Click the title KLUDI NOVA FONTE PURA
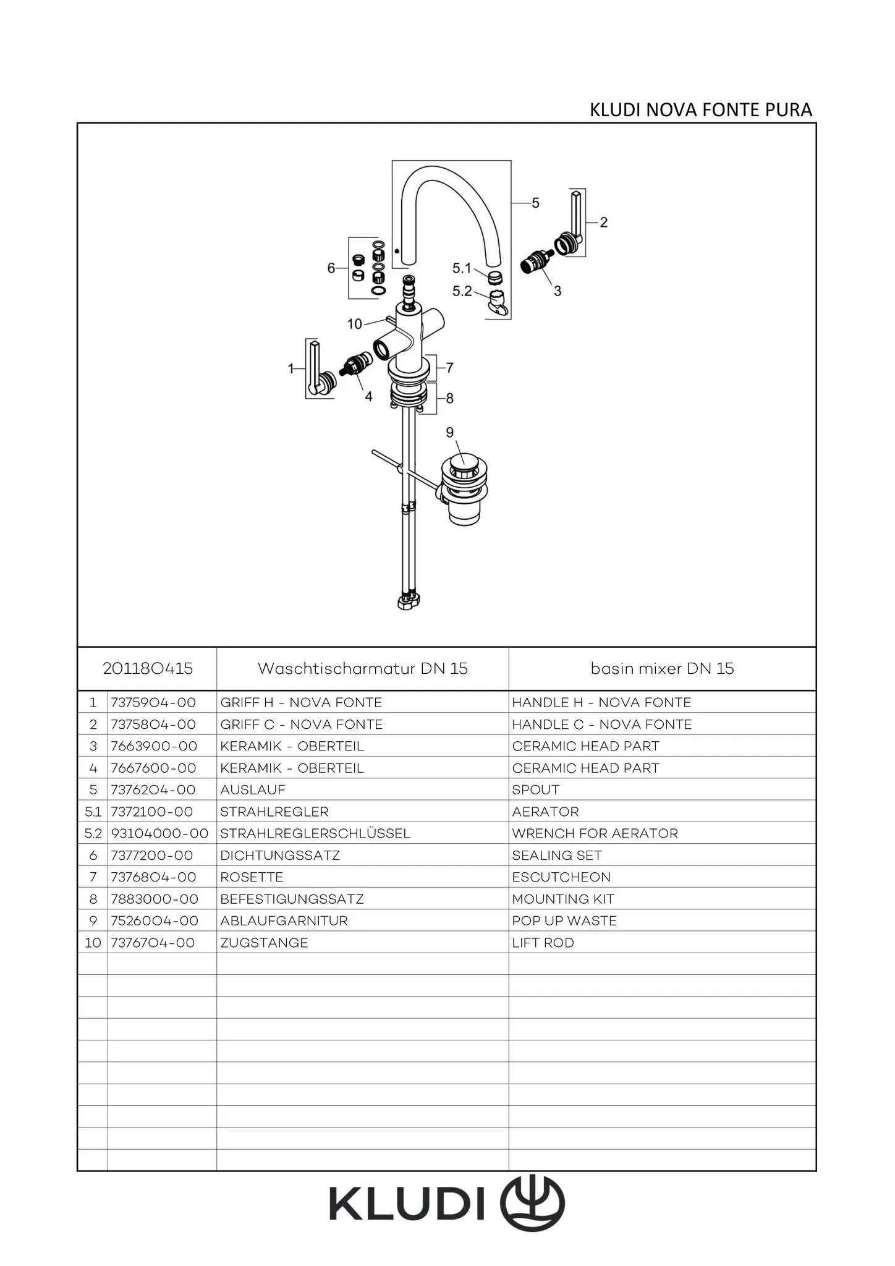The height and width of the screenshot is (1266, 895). coord(700,110)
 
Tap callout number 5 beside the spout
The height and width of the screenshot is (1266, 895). coord(535,203)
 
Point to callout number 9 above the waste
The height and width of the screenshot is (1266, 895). coord(450,432)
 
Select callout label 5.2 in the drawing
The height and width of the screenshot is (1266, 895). coord(462,291)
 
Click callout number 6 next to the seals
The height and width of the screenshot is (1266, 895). coord(331,268)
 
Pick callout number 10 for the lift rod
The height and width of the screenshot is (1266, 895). coord(354,324)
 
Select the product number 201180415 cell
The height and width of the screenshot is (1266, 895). coord(148,668)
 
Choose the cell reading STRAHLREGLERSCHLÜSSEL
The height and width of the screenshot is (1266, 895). coord(315,833)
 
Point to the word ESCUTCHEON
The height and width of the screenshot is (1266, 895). coord(561,877)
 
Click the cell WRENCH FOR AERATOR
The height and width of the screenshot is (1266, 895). coord(595,833)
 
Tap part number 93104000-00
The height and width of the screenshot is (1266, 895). coord(159,833)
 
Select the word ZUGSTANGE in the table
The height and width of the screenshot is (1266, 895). coord(264,943)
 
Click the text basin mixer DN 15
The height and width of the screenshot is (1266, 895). coord(662,668)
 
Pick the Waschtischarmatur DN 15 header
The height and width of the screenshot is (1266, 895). coord(362,668)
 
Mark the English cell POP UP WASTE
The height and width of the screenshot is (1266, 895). coord(564,920)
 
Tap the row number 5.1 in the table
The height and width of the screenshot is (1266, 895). coord(93,812)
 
